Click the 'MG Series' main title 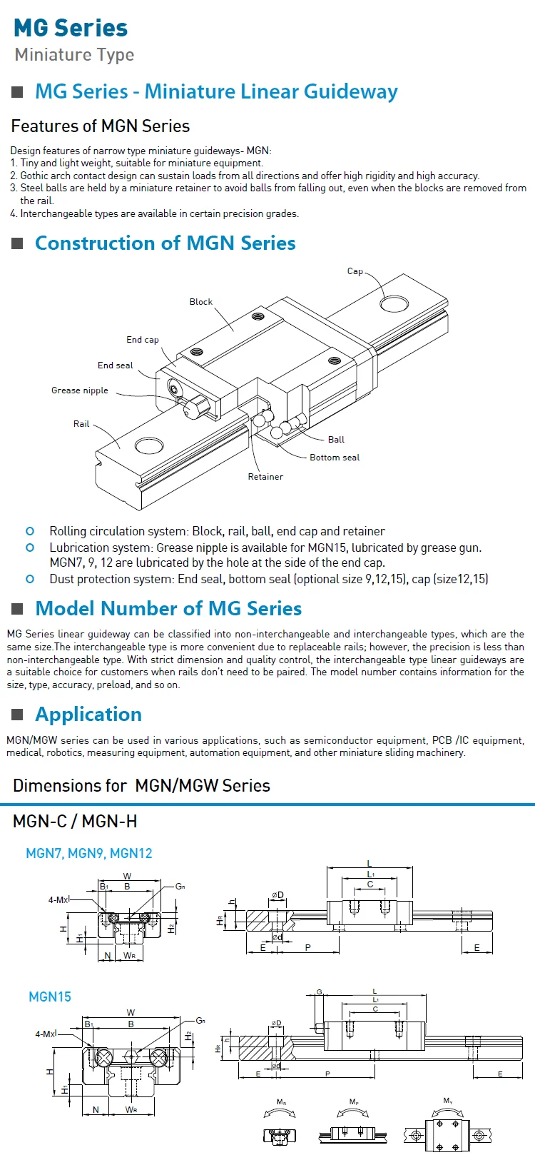(71, 28)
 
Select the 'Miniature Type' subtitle (74, 55)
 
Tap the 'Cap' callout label (355, 271)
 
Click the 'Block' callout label (200, 302)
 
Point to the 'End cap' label (143, 340)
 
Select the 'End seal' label (115, 365)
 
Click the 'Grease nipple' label (80, 390)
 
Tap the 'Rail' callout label (81, 424)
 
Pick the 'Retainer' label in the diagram (265, 477)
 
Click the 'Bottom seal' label (335, 458)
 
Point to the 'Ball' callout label (336, 440)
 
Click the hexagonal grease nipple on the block (195, 408)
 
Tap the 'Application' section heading (88, 715)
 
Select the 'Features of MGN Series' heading (101, 126)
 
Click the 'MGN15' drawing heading (50, 997)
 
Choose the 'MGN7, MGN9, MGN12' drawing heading (89, 853)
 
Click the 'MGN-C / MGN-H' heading (75, 822)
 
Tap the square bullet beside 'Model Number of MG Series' (18, 609)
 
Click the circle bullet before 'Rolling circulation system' (30, 531)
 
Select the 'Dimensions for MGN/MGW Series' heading (141, 786)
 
